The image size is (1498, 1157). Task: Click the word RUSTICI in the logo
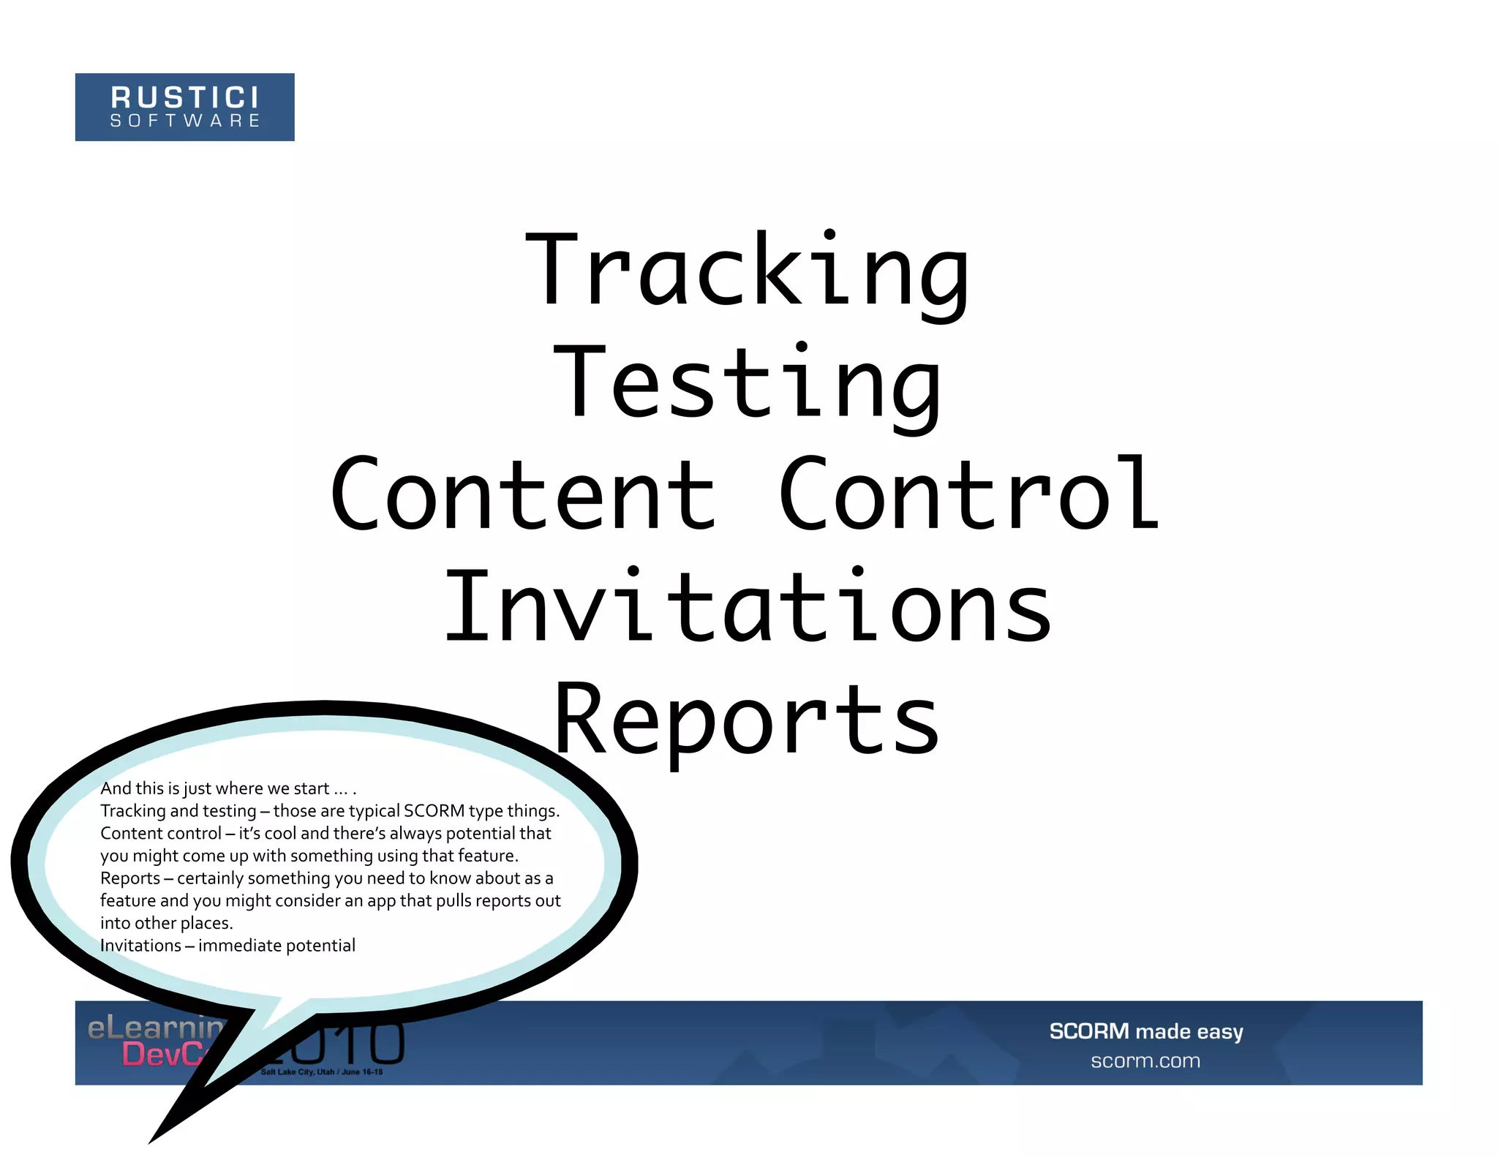pyautogui.click(x=185, y=98)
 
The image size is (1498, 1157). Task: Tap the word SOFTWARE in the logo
pyautogui.click(x=185, y=121)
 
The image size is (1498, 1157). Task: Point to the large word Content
pyautogui.click(x=524, y=496)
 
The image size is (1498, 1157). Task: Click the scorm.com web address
pyautogui.click(x=1145, y=1060)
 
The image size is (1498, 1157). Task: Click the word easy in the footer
pyautogui.click(x=1219, y=1032)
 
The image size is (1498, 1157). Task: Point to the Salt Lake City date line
pyautogui.click(x=322, y=1072)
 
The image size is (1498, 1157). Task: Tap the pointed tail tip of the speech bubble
pyautogui.click(x=152, y=1140)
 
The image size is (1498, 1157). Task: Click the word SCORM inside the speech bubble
pyautogui.click(x=434, y=811)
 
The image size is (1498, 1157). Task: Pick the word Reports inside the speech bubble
pyautogui.click(x=130, y=878)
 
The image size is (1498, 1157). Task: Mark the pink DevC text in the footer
pyautogui.click(x=165, y=1055)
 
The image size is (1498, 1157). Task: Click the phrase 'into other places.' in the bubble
pyautogui.click(x=167, y=923)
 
